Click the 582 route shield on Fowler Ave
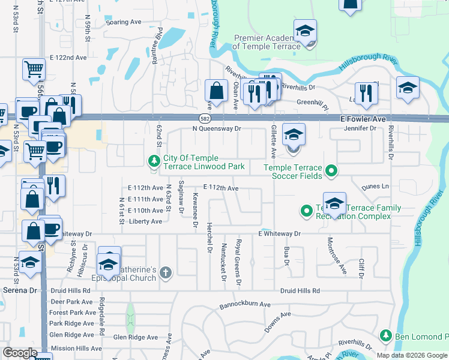[x=205, y=119]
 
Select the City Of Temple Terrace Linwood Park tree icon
[x=154, y=161]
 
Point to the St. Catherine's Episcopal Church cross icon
[x=166, y=274]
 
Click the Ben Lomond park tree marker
[x=385, y=335]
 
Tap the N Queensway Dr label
[x=216, y=128]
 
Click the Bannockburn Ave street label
[x=245, y=304]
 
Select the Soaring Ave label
[x=123, y=22]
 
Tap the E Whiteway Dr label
[x=279, y=233]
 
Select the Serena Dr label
[x=18, y=290]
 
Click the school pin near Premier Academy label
[x=305, y=31]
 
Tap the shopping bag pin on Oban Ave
[x=215, y=92]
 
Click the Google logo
[x=20, y=353]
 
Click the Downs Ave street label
[x=277, y=322]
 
